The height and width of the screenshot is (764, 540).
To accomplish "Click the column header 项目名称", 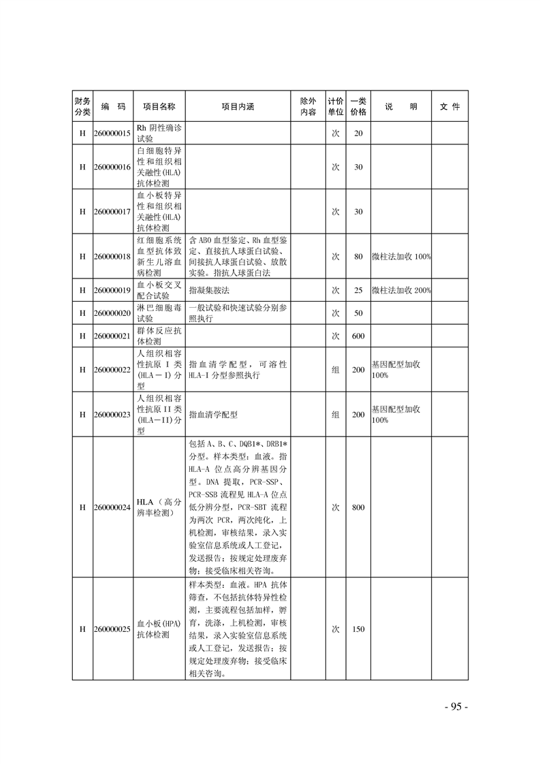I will (159, 107).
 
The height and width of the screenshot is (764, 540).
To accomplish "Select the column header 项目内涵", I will (238, 107).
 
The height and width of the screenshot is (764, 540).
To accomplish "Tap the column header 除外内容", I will (308, 107).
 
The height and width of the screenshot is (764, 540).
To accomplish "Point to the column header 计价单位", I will (335, 107).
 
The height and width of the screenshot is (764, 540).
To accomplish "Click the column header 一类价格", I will (358, 107).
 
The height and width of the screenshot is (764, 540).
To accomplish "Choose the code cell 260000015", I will (112, 133).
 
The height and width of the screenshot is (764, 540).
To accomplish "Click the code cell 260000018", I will (112, 257).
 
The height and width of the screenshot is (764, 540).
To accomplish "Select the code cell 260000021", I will (112, 336).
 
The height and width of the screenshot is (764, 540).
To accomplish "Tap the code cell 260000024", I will (112, 507).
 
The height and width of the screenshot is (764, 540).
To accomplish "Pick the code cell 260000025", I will (112, 629).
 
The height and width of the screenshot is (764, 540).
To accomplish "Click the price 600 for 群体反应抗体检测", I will (358, 336).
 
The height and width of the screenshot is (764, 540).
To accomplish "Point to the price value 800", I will (358, 507).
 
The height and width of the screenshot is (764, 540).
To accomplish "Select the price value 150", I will (358, 629).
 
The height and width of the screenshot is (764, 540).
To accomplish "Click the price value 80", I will (358, 257).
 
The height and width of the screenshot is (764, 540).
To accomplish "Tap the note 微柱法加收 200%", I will (401, 291).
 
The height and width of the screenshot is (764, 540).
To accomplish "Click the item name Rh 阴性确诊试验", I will (158, 133).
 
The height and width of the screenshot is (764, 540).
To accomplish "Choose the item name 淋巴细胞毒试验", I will (158, 313).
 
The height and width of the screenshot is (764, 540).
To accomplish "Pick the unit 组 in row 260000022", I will (335, 370).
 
